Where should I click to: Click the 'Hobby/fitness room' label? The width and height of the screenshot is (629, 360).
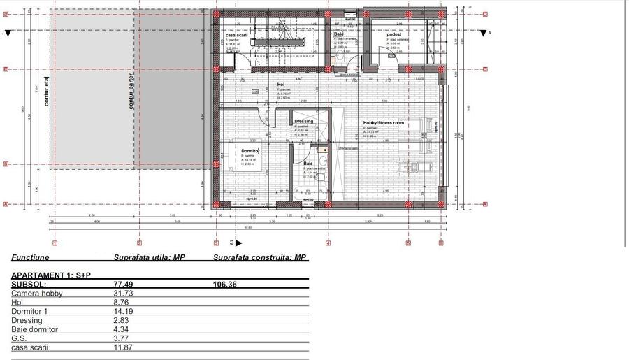point(383,123)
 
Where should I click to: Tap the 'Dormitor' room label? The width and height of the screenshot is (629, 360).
point(251,150)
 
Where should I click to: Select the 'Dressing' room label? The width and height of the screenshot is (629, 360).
point(303,121)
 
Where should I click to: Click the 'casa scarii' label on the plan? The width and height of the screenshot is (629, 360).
point(238,34)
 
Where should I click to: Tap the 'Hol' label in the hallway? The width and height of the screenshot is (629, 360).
point(281,85)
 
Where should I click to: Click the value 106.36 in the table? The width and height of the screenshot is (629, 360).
point(225,285)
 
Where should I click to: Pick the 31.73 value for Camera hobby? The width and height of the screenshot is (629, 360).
point(123,294)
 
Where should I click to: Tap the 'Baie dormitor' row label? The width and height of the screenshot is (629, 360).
point(34,329)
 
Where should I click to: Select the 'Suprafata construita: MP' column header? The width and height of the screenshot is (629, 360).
point(259,257)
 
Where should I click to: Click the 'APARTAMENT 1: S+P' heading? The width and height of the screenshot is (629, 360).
point(51,275)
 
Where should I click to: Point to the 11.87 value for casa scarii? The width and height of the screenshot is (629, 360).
point(123,347)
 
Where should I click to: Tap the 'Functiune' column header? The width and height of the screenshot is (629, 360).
point(30,257)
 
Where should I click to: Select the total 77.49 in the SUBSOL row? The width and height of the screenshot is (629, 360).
point(123,285)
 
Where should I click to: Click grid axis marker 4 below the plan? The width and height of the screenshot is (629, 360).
point(328,243)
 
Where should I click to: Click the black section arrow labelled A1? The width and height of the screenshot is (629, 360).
point(238,243)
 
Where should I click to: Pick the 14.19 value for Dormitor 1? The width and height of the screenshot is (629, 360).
point(123,312)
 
